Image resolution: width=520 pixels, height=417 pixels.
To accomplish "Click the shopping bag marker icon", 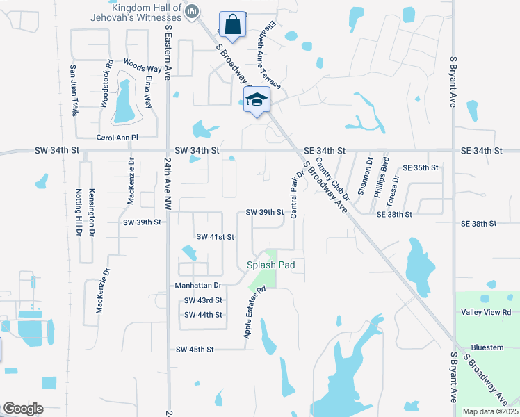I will pyautogui.click(x=232, y=24).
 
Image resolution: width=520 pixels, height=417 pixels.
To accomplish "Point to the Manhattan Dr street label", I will pyautogui.click(x=198, y=286).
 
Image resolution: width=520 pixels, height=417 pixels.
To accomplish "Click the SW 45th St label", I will pyautogui.click(x=195, y=349).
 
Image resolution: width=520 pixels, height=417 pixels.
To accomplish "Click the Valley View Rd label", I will pyautogui.click(x=486, y=313).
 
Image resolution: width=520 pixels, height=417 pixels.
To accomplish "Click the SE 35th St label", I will pyautogui.click(x=421, y=168).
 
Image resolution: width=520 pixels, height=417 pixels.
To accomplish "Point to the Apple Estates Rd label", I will pyautogui.click(x=255, y=313).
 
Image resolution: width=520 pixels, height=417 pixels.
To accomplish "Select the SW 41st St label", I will pyautogui.click(x=215, y=237).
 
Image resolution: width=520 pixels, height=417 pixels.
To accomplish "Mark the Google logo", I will pyautogui.click(x=23, y=409).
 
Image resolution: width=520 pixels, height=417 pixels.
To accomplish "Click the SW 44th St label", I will pyautogui.click(x=203, y=315).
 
